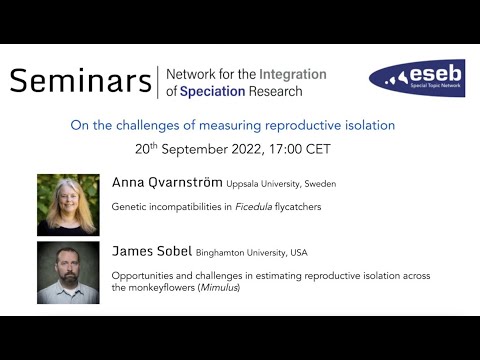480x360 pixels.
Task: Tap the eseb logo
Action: [416, 78]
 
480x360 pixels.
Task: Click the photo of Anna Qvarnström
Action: [68, 204]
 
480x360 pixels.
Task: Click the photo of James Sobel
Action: [68, 272]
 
